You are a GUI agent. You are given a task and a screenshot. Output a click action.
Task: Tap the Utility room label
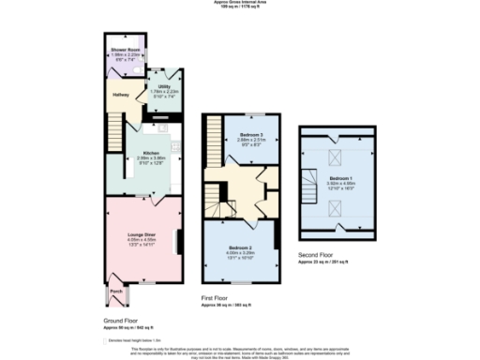164,85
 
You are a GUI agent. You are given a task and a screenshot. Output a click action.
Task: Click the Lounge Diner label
142,233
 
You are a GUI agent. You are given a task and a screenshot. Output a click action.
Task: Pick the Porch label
116,291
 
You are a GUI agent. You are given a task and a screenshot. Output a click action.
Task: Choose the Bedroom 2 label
241,221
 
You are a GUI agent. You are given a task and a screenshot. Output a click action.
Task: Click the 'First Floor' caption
217,298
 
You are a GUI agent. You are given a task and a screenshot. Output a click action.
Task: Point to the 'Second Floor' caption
317,255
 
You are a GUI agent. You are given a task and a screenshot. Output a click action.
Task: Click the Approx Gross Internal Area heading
239,4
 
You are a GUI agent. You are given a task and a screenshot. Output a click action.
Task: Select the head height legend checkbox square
108,338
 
